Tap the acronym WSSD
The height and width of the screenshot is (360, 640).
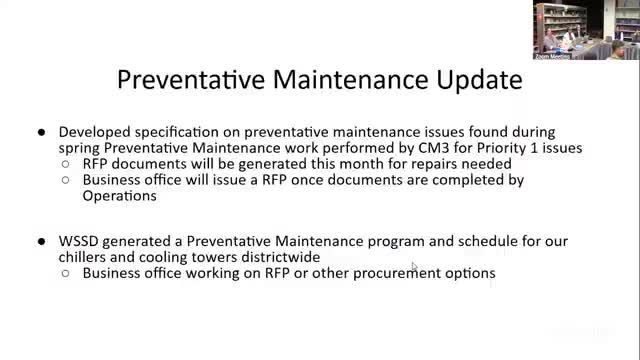pyautogui.click(x=82, y=242)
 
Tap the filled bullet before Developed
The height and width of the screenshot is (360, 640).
pyautogui.click(x=41, y=132)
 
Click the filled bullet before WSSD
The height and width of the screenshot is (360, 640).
pyautogui.click(x=41, y=243)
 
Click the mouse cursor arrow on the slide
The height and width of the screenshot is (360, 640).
pyautogui.click(x=415, y=266)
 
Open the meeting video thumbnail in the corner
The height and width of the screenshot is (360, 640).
pyautogui.click(x=585, y=30)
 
